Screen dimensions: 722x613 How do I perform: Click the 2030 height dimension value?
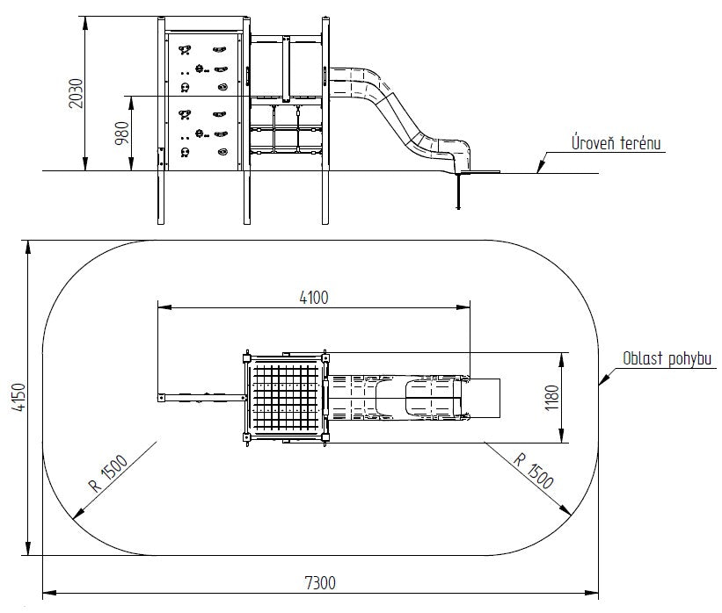[x=76, y=93]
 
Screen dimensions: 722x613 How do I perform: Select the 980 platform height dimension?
[x=122, y=133]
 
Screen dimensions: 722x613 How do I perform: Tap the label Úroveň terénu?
[x=616, y=142]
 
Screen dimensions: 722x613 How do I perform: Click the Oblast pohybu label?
[x=667, y=358]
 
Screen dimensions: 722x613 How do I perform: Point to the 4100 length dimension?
[x=314, y=298]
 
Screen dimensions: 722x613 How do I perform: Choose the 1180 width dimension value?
[x=551, y=398]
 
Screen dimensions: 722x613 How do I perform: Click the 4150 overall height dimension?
[x=18, y=397]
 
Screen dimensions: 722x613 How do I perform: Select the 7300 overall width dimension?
[x=320, y=583]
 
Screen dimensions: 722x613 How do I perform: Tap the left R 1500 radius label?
[x=108, y=472]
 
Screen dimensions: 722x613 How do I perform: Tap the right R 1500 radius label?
[x=533, y=471]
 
